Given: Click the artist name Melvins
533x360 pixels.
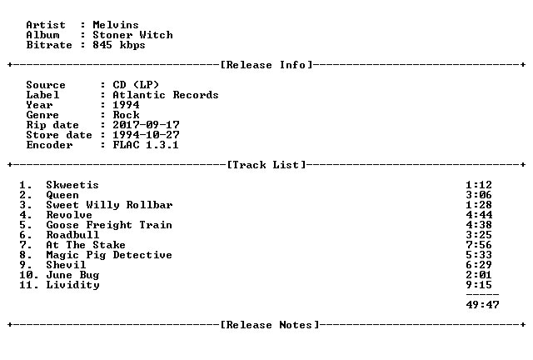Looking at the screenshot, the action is [116, 25].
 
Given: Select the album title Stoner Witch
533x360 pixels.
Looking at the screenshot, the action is [132, 35].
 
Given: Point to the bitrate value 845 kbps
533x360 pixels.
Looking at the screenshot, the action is [119, 45].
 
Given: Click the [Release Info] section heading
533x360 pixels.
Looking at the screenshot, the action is [266, 65].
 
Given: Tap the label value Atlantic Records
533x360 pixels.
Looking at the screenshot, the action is [166, 95].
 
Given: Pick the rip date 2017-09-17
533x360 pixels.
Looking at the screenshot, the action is [147, 125].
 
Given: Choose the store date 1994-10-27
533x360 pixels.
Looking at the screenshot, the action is [147, 135].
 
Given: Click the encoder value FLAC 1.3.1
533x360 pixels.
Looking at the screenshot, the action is [146, 145].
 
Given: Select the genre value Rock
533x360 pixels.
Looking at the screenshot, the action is [126, 115].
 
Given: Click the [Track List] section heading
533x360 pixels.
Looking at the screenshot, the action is [266, 165].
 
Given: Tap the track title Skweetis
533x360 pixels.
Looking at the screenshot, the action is [72, 185].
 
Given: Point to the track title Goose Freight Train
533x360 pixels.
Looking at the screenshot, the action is [109, 225].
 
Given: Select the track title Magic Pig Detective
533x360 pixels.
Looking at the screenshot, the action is [109, 255].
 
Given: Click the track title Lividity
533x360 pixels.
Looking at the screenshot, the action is [72, 285].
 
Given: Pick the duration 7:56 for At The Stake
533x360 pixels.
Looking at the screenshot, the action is [479, 245].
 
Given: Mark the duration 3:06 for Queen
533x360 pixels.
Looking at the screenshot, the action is [479, 195].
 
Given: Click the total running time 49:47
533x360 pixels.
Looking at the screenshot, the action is [482, 304].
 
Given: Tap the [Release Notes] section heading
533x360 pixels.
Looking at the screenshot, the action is [270, 325].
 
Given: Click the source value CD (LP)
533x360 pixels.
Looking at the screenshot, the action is [136, 85].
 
